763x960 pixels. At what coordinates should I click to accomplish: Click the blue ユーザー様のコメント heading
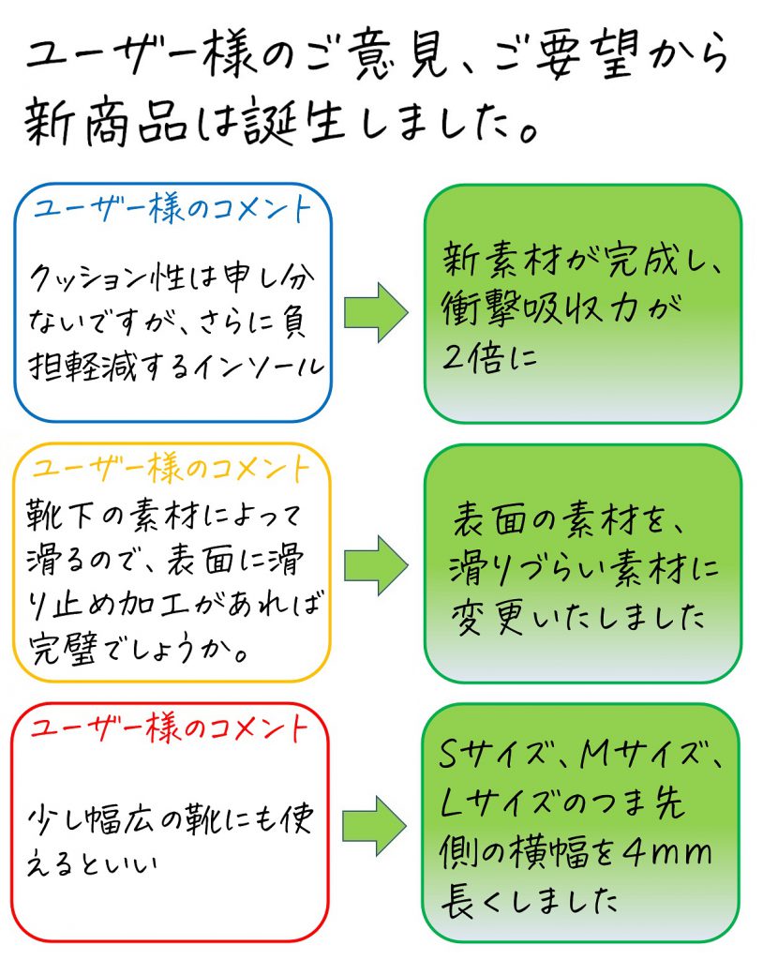[172, 209]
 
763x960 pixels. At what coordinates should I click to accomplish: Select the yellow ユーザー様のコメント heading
[171, 469]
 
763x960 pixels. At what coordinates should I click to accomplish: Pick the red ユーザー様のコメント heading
[170, 727]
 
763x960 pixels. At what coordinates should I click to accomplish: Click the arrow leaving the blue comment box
[376, 312]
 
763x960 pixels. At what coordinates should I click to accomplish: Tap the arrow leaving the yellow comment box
[376, 565]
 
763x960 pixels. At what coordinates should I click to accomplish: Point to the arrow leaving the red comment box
[375, 826]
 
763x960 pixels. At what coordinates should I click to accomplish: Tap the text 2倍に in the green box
[490, 357]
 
